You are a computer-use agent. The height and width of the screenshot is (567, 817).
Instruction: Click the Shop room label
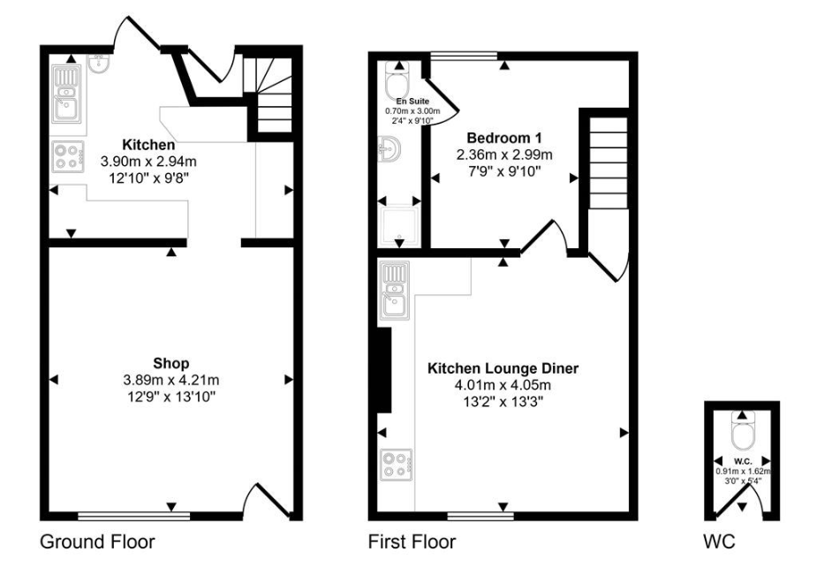171,363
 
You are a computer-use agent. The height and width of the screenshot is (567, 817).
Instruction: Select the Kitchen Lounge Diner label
503,368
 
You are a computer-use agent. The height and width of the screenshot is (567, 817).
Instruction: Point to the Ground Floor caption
97,541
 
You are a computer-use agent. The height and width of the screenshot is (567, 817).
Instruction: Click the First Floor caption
412,541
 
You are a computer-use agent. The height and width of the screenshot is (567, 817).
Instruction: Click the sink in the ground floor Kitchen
66,94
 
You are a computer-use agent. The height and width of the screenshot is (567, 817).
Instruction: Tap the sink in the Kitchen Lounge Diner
394,291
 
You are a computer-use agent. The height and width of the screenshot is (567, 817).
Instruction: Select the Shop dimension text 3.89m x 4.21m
171,380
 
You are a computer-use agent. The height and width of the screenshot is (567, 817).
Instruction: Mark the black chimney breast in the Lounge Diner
383,369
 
